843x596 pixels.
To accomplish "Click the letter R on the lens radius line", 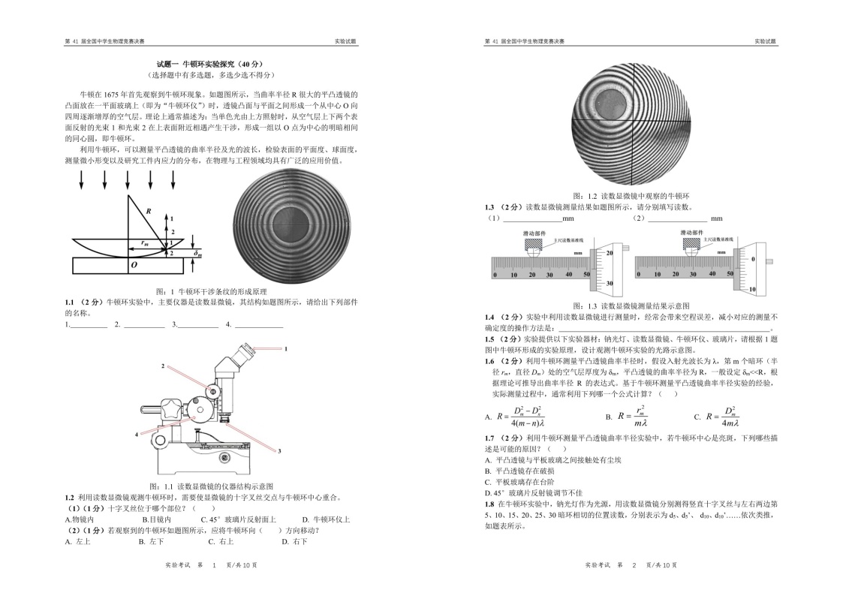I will click(x=149, y=212).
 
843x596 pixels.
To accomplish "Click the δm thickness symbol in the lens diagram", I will click(x=198, y=254).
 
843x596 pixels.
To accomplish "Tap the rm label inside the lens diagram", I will click(x=143, y=242).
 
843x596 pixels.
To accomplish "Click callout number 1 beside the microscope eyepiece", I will click(x=285, y=349).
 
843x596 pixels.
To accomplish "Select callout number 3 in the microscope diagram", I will click(x=279, y=450).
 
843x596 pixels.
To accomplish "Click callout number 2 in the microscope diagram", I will click(x=161, y=366).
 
